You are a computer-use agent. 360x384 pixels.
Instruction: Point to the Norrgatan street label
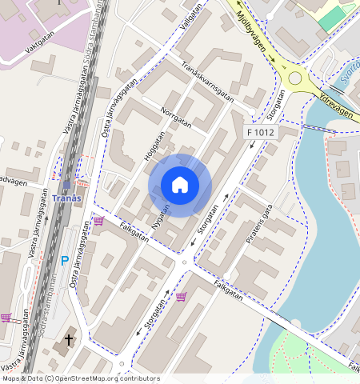click(176, 118)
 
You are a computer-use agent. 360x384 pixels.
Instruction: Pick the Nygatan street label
click(162, 214)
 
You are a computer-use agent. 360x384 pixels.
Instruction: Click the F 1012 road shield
click(261, 131)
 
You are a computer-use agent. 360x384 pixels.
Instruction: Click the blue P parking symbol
click(65, 260)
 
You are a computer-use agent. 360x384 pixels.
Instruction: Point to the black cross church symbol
click(69, 340)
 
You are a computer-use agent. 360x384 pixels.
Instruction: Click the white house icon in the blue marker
click(180, 186)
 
